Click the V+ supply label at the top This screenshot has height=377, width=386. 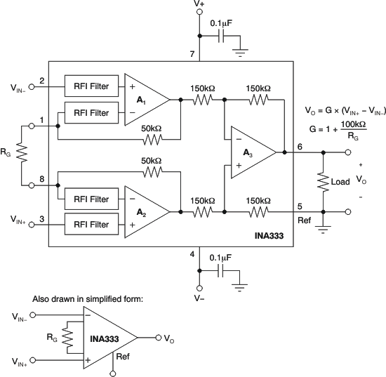click(x=200, y=5)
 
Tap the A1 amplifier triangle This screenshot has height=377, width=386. click(x=145, y=99)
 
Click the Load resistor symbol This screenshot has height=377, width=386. click(x=323, y=181)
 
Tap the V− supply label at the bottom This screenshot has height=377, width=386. click(x=200, y=297)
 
